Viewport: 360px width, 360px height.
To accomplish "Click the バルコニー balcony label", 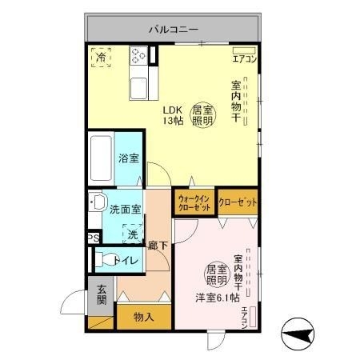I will [172, 29].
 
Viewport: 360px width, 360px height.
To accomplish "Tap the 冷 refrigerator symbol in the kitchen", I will [102, 57].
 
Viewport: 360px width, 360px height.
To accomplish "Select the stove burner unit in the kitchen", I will [140, 57].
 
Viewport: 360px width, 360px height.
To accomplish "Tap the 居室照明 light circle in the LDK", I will [202, 115].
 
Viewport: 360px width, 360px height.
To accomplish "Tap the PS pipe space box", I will [94, 238].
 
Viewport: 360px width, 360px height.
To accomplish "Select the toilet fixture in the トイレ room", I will [102, 259].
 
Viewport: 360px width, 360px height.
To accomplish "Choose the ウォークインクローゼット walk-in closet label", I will [194, 202].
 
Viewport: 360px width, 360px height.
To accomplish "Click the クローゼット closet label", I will [238, 202].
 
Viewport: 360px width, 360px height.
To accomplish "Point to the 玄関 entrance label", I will [102, 295].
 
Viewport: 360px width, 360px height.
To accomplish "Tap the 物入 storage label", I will [144, 317].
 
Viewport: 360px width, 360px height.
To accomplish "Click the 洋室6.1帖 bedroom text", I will [217, 297].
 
